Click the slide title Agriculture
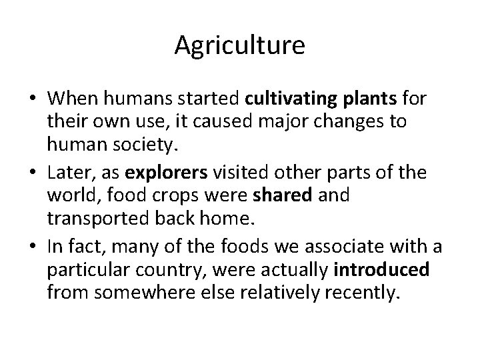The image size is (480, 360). (240, 46)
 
